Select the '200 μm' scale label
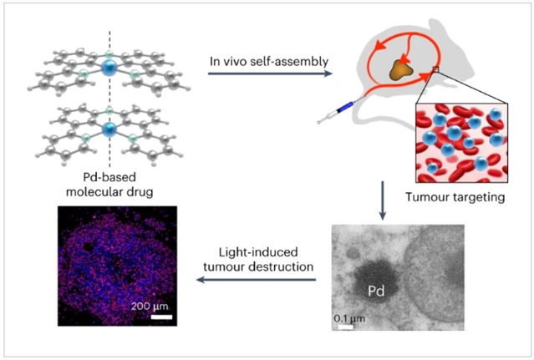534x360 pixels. click(151, 306)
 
